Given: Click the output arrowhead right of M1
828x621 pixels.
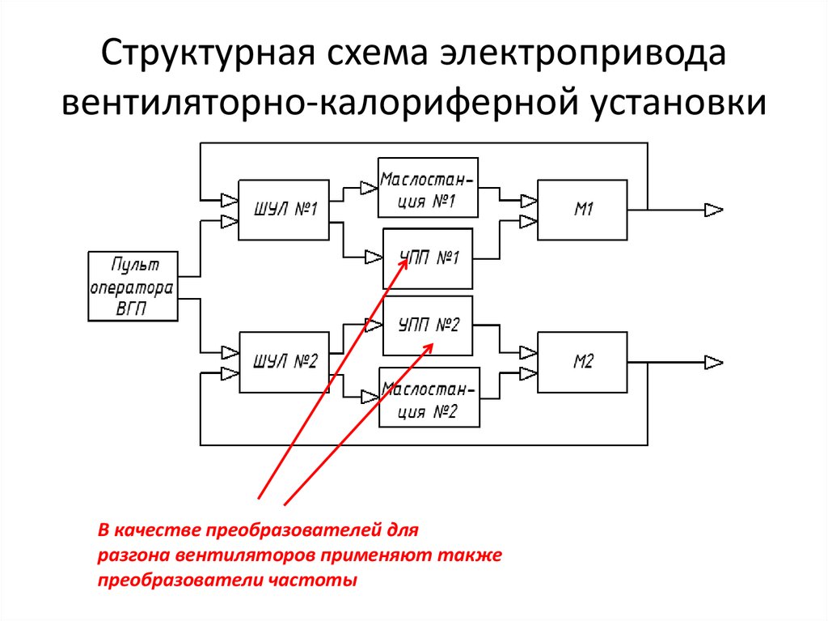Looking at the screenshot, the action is (713, 210).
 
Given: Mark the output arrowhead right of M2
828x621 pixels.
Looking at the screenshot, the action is (713, 363).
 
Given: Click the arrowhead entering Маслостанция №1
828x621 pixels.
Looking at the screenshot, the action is (369, 188).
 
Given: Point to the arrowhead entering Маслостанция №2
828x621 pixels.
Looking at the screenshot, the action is (370, 397).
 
